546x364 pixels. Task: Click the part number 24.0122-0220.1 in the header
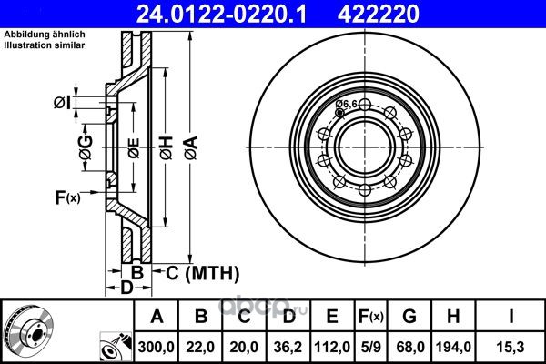click(x=221, y=15)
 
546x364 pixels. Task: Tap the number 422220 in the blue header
click(x=379, y=15)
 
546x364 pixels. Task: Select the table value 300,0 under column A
click(x=156, y=347)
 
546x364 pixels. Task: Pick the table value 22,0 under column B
click(x=200, y=347)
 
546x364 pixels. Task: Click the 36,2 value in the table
click(x=288, y=347)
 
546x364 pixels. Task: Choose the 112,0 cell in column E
click(x=332, y=347)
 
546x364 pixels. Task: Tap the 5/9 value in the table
click(x=371, y=347)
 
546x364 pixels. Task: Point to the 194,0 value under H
click(x=453, y=347)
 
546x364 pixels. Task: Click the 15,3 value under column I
click(x=511, y=347)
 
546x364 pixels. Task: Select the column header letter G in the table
click(x=409, y=317)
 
